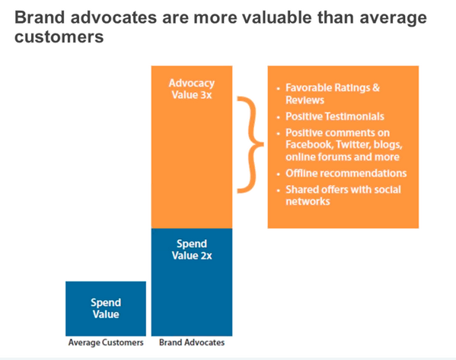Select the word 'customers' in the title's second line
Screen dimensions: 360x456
point(57,37)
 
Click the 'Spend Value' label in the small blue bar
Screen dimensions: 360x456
point(106,307)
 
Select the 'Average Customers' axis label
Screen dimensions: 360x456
point(106,342)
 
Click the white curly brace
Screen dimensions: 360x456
point(245,145)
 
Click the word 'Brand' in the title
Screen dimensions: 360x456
point(38,18)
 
